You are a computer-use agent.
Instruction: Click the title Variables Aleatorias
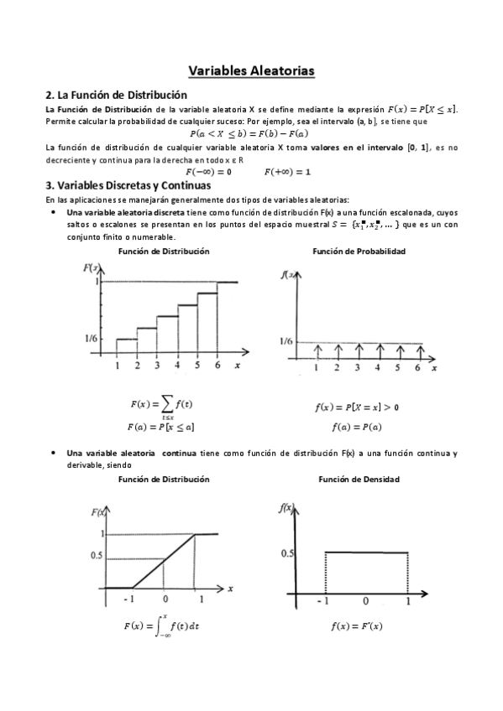[x=251, y=71]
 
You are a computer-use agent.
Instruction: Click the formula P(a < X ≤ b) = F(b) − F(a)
[x=249, y=134]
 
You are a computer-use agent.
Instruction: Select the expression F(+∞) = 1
[x=287, y=172]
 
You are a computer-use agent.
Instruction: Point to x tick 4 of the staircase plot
[x=176, y=366]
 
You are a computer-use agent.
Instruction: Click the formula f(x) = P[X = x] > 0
[x=357, y=407]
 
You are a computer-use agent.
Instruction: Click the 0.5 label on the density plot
[x=287, y=553]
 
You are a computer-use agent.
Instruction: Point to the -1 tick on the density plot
[x=323, y=601]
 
